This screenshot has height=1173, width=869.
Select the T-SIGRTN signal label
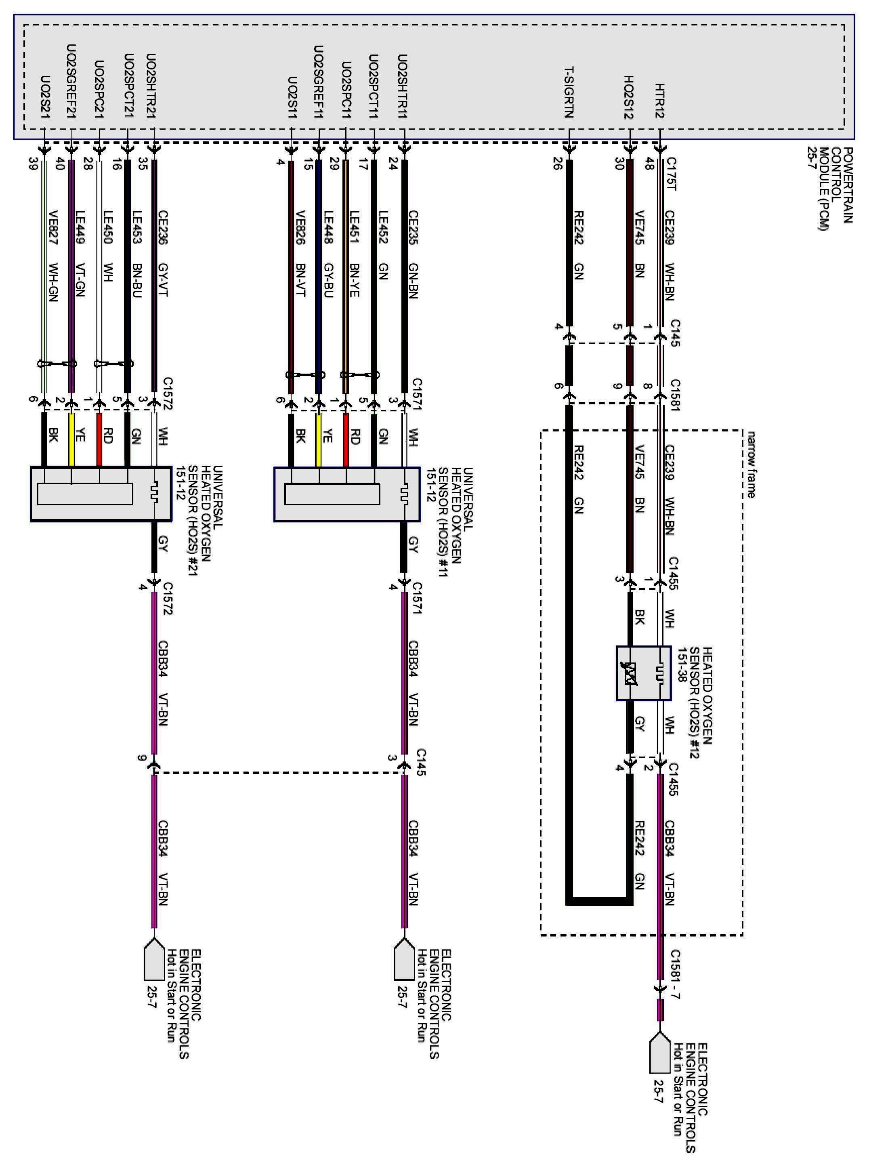(x=569, y=92)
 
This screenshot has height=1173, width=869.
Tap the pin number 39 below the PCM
(x=33, y=164)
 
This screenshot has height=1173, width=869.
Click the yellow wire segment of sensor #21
(x=71, y=440)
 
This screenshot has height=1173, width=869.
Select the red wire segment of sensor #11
(x=346, y=440)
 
